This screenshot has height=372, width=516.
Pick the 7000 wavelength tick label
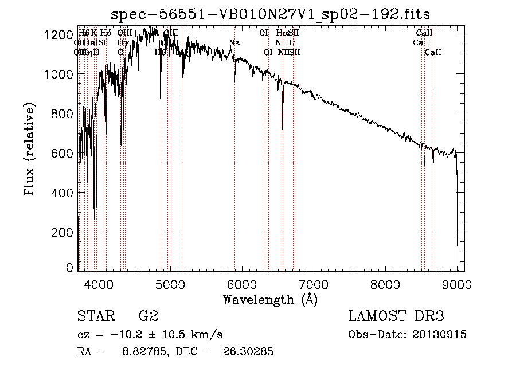314,283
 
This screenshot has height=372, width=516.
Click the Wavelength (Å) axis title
270,299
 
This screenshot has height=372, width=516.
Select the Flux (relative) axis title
29,149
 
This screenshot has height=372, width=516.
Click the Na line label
234,43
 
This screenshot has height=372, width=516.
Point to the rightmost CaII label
433,53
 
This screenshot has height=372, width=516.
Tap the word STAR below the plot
95,316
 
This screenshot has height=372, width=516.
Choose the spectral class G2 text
148,316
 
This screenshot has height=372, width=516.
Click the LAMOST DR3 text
396,316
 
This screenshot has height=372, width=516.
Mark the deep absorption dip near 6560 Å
282,127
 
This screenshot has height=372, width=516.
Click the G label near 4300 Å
120,53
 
